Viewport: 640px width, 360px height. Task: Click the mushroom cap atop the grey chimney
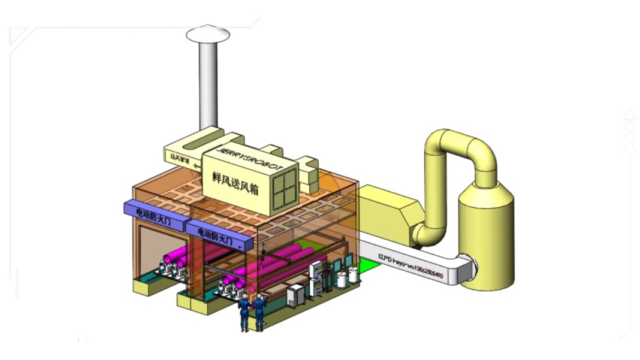pyautogui.click(x=208, y=34)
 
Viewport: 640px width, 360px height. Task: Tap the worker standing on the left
pyautogui.click(x=244, y=311)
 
